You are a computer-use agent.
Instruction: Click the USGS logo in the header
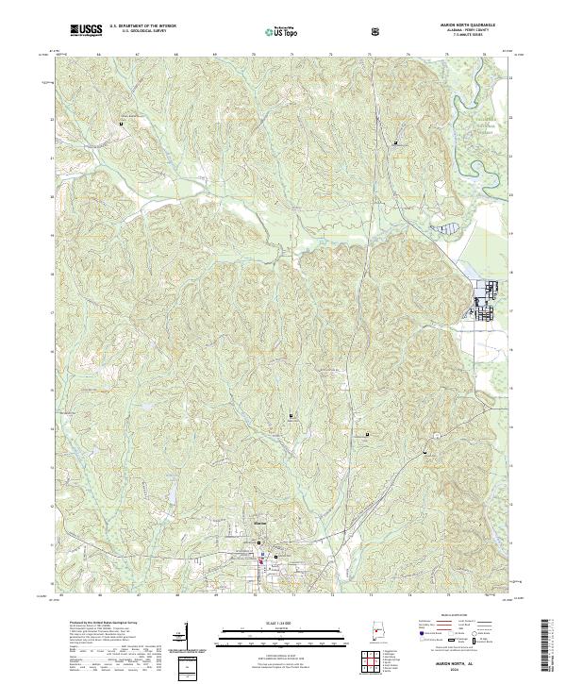(x=85, y=30)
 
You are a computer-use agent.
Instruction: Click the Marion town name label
(x=261, y=522)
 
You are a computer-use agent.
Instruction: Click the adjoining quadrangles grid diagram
(x=376, y=663)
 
